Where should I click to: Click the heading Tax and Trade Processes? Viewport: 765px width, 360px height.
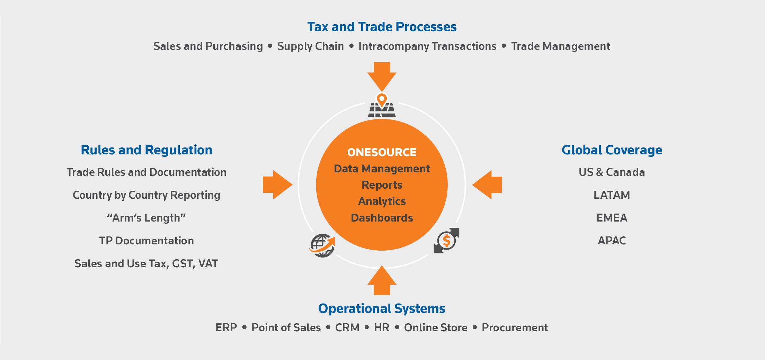382,27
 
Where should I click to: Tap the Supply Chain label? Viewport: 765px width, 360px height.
311,46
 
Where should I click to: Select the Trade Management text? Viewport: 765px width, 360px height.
561,46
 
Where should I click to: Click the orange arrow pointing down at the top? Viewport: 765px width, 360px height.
382,76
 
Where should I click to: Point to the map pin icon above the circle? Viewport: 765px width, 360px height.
382,105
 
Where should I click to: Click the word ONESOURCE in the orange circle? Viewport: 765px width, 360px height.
382,152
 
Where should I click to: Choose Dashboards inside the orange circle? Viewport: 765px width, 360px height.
382,218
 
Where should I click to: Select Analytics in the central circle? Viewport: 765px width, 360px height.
382,201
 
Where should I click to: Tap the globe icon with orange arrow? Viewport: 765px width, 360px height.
322,245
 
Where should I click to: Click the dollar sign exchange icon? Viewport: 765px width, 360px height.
447,241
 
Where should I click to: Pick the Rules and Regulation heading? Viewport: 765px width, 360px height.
146,150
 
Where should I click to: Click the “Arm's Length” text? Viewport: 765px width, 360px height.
146,218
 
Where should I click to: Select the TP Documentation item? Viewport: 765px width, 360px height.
146,241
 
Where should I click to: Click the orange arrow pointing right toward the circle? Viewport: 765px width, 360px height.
278,184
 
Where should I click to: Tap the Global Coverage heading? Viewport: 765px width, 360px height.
612,150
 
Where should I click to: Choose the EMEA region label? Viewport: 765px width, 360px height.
612,218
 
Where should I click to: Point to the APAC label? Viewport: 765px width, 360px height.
612,241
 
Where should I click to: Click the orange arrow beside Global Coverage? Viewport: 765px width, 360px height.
487,184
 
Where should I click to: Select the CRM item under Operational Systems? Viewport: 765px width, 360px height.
347,327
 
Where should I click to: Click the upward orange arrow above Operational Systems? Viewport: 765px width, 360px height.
382,280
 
